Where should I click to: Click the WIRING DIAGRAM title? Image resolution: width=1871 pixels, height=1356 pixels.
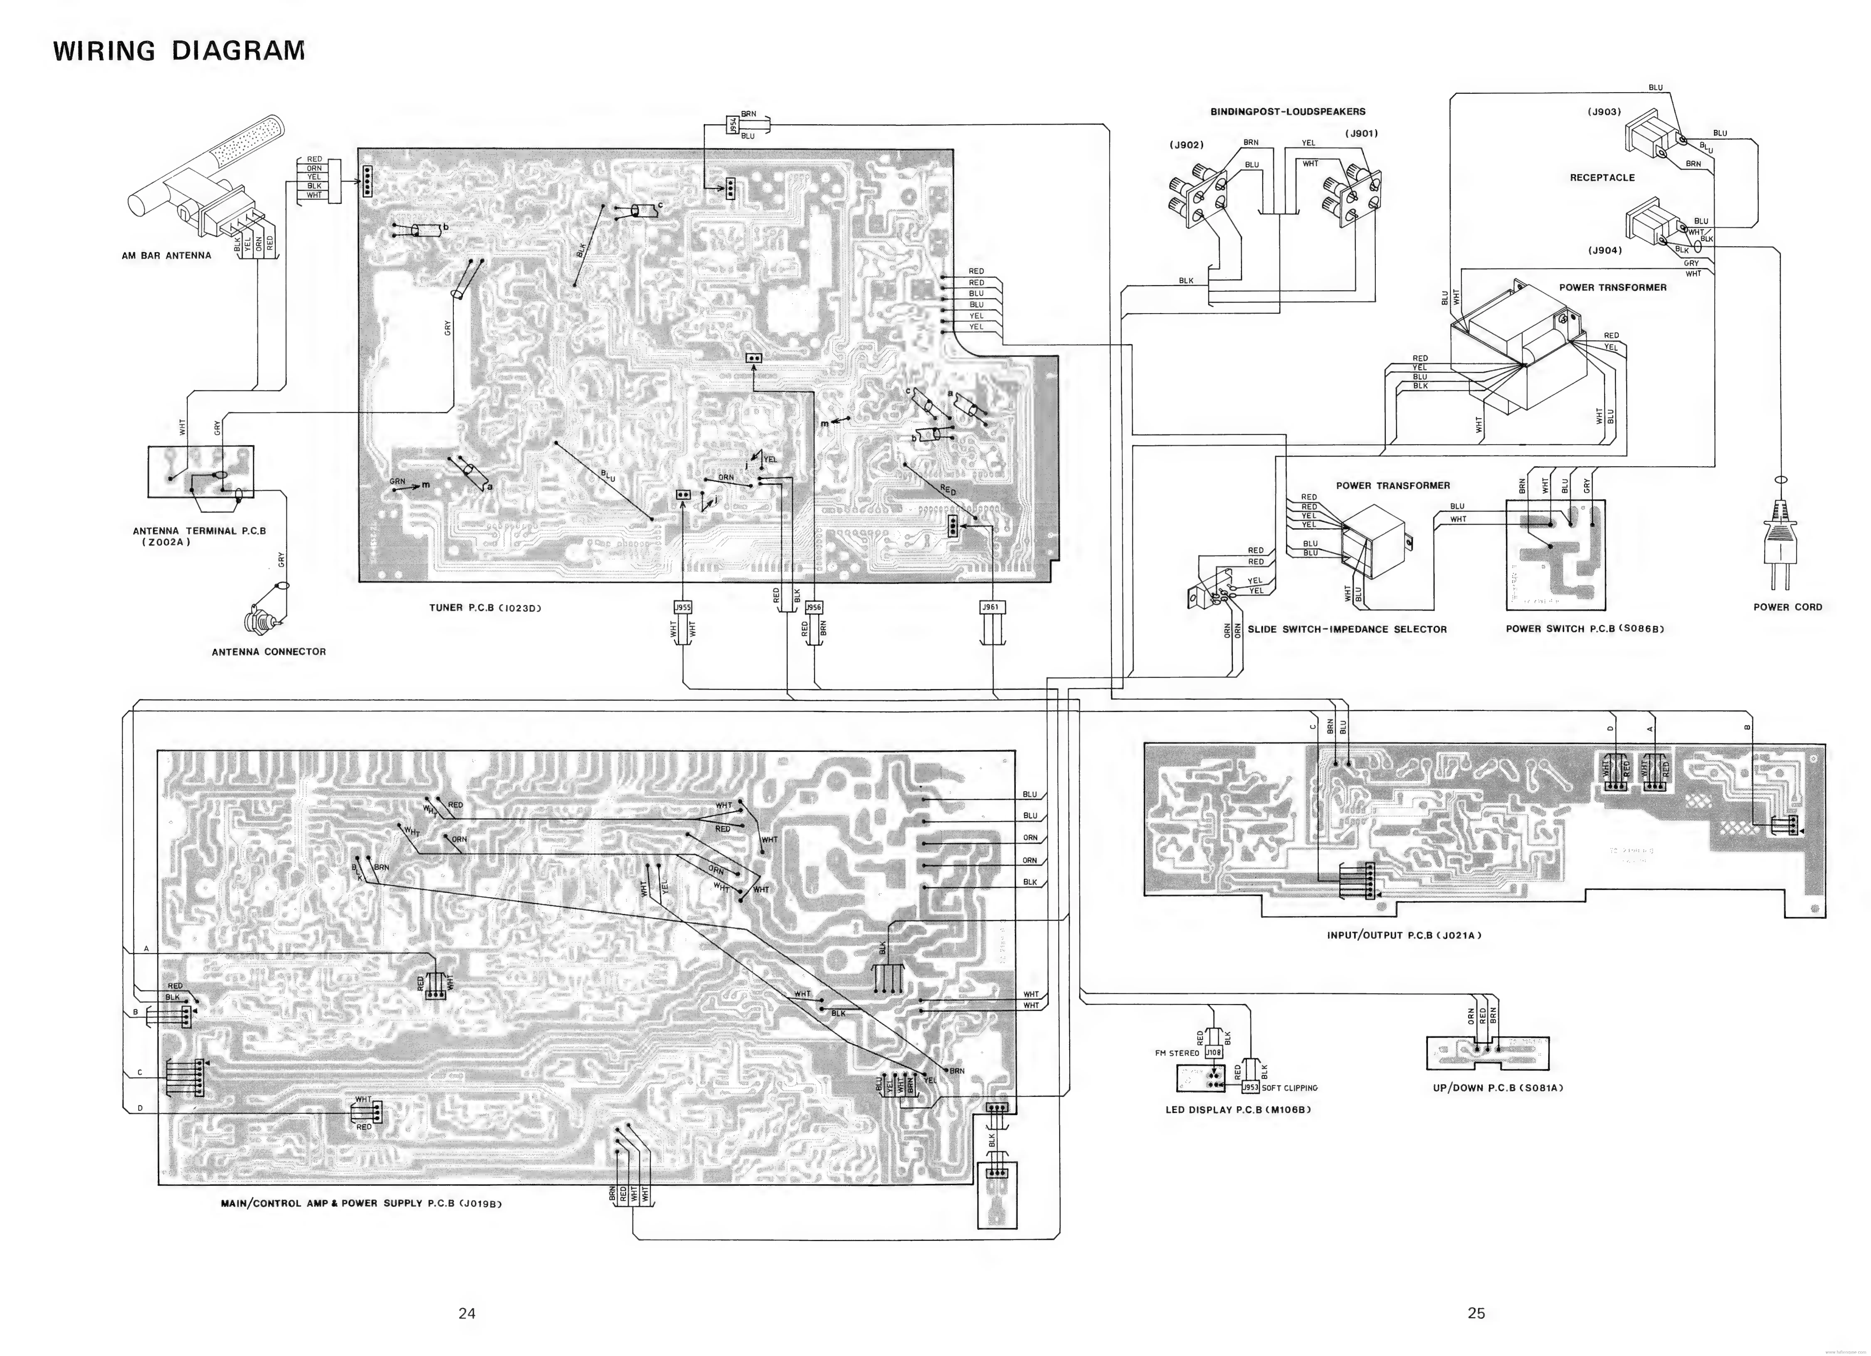coord(179,51)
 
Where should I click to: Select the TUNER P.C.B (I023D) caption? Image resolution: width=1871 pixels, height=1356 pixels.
coord(485,608)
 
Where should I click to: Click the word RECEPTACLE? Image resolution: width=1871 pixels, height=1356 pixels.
coord(1602,177)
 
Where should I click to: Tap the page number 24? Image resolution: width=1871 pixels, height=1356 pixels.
coord(467,1313)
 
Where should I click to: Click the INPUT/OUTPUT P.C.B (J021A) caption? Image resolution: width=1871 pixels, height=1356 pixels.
coord(1404,935)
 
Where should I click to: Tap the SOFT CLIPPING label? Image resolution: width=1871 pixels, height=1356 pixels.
coord(1289,1088)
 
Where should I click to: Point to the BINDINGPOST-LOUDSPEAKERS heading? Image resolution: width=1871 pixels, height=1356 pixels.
coord(1288,111)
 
